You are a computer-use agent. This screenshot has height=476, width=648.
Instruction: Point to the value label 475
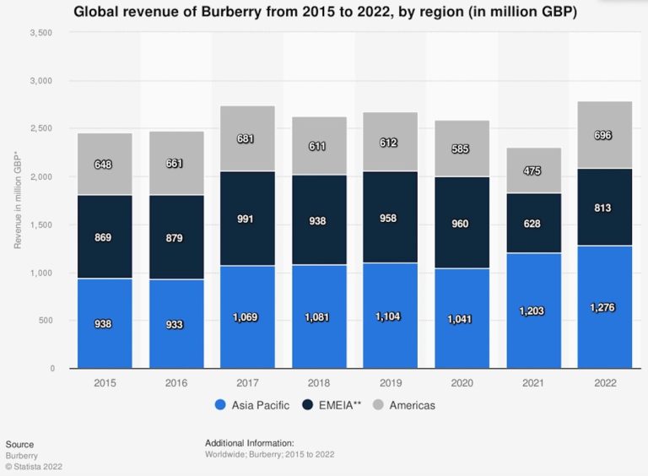pos(533,170)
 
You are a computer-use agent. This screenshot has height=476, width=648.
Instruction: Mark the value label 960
pos(462,224)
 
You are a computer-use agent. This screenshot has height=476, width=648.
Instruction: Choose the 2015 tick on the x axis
pos(105,383)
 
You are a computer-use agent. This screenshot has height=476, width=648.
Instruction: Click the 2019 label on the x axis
pos(390,383)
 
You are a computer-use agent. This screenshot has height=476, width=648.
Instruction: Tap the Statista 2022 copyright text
pos(34,466)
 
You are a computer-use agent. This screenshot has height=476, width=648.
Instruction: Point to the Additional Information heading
pos(249,442)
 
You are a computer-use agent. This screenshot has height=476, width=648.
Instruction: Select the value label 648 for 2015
pos(105,163)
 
